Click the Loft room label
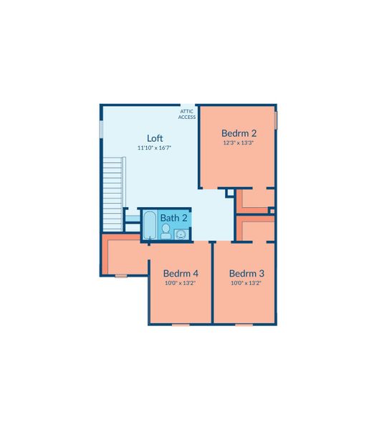[155, 138]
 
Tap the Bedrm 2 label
[239, 133]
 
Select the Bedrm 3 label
[247, 274]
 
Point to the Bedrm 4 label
[181, 274]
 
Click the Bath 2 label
[174, 218]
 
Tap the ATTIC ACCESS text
[187, 115]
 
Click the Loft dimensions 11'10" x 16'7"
[154, 148]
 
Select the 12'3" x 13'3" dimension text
[238, 143]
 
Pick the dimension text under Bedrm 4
[180, 283]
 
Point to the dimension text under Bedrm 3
[246, 283]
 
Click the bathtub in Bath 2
[150, 225]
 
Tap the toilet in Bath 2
[166, 231]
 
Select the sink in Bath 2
[181, 234]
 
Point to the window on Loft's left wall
[101, 129]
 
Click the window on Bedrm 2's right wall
[276, 120]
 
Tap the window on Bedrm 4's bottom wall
[181, 325]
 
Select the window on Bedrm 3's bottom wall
[244, 325]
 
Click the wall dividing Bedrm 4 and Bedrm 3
[212, 282]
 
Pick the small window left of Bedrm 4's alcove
[121, 276]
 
